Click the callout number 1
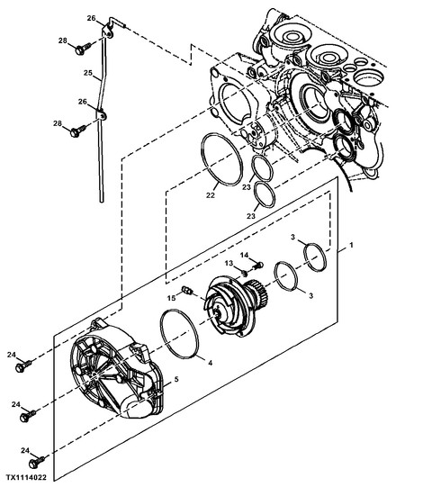click(351, 246)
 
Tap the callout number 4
click(211, 363)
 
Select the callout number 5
click(176, 379)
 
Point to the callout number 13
click(229, 264)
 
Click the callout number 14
click(245, 255)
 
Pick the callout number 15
click(171, 298)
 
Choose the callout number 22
click(211, 195)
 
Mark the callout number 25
click(88, 73)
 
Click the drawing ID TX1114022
click(26, 477)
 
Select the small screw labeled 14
click(258, 266)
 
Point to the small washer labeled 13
click(245, 274)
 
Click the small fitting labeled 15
click(187, 291)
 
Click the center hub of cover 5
click(95, 376)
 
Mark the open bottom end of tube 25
click(101, 202)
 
